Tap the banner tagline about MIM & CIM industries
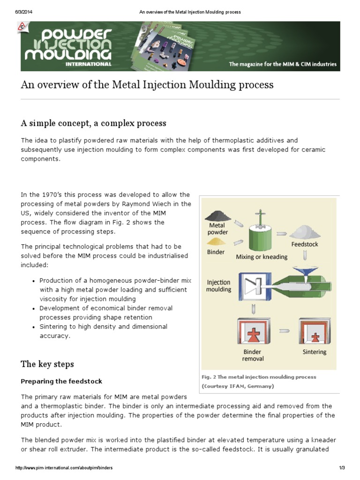pos(282,64)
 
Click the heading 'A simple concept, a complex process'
pos(93,123)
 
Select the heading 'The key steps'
pos(47,364)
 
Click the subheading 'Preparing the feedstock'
pos(61,382)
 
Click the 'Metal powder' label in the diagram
pos(218,229)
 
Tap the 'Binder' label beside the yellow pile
pos(216,252)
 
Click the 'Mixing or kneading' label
pos(262,257)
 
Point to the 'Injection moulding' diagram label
pos(219,286)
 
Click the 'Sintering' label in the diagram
pos(315,352)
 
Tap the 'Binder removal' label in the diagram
pos(253,355)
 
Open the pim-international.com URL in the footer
pos(64,468)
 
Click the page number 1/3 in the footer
pos(342,468)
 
